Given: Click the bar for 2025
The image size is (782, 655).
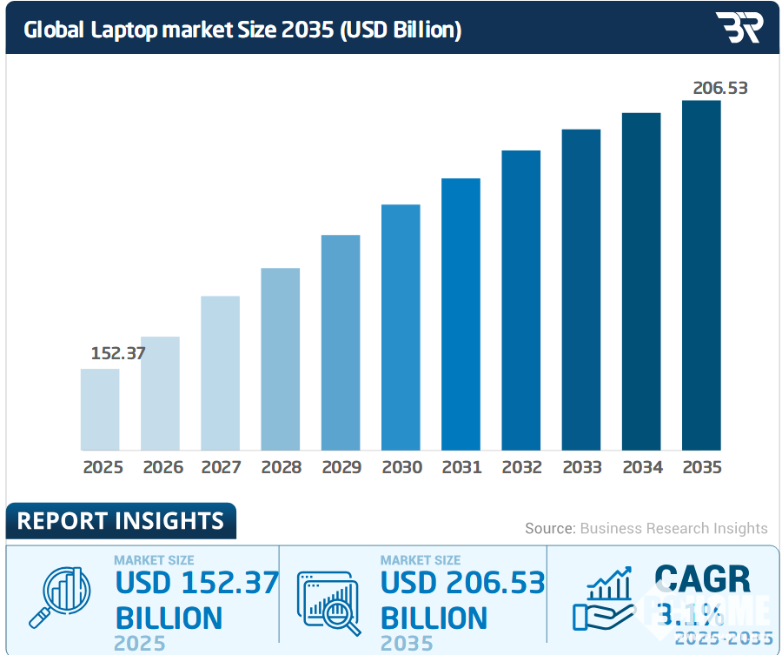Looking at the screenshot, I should click(x=100, y=409).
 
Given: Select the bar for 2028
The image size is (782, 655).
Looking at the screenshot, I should click(x=281, y=358).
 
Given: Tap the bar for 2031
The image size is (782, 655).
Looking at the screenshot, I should click(x=461, y=314).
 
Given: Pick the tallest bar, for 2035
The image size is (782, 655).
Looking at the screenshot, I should click(x=701, y=275).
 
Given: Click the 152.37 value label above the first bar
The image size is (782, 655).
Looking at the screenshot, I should click(x=118, y=354).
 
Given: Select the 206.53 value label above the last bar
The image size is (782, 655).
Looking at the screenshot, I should click(x=719, y=88).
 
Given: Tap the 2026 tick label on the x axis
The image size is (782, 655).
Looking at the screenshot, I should click(x=162, y=467).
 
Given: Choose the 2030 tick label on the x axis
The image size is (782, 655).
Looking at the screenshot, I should click(x=401, y=467).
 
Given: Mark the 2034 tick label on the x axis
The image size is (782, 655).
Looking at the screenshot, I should click(x=642, y=467).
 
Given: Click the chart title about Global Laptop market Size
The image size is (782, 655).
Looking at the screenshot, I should click(x=242, y=30).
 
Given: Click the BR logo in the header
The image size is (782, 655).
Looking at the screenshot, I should click(x=739, y=28).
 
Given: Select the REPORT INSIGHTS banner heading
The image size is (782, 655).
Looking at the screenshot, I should click(x=121, y=521).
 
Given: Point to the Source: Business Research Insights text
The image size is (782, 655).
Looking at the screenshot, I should click(x=646, y=528).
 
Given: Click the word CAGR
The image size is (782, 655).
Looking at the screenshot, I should click(x=701, y=579).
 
